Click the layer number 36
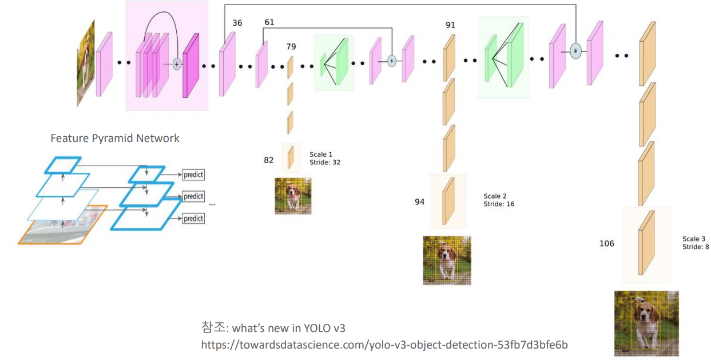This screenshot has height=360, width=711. pos(237,23)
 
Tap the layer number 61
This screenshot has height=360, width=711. pos(269,22)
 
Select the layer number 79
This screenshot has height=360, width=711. pos(291,46)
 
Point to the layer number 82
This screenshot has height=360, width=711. pos(269,160)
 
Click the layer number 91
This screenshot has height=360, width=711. pos(450,25)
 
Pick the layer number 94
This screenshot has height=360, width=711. pos(420,202)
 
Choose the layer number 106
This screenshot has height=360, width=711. pos(606,244)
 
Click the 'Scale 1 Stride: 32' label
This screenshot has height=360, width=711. pos(325,159)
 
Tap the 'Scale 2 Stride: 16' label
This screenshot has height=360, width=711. pos(499,200)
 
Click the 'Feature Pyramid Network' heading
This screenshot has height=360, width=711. pos(115,139)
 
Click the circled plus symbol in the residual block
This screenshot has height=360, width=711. pos(177,64)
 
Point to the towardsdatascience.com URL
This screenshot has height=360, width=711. pos(384,345)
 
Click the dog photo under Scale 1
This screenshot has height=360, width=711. pos(293,196)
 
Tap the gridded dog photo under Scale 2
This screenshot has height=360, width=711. pos(447,260)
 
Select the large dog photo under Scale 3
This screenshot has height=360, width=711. pos(646,323)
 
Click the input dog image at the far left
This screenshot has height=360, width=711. pos(85,63)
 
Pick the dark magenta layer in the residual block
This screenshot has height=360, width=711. pos(190,66)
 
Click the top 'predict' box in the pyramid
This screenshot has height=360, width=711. pos(193,175)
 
